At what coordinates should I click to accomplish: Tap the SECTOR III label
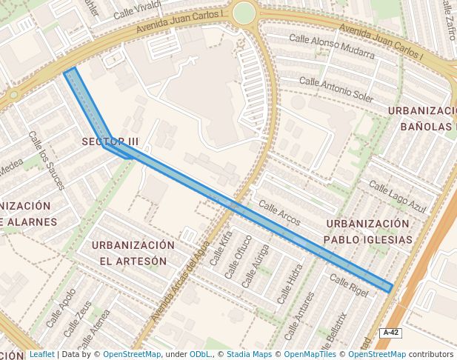(110, 141)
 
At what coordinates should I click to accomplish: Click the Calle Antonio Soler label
(336, 88)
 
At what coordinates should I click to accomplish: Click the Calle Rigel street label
(348, 285)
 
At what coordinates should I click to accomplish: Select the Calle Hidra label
(290, 284)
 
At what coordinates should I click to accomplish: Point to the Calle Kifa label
(221, 248)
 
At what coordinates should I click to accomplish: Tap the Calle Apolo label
(60, 307)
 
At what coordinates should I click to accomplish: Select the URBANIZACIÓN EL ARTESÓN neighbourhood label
(133, 253)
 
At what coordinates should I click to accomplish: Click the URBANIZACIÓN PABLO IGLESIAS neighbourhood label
(368, 231)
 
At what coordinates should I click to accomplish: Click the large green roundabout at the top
(244, 13)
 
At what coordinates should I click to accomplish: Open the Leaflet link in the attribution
(41, 354)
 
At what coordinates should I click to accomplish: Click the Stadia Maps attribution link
(249, 354)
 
